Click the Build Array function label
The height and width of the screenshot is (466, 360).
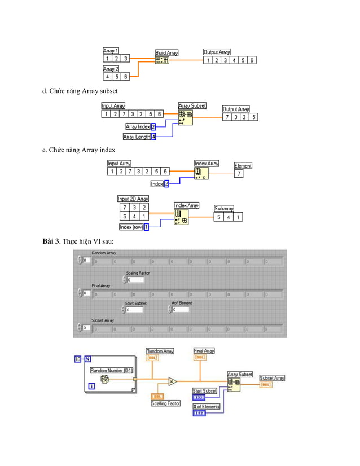(166, 53)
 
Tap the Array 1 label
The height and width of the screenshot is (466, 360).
(111, 50)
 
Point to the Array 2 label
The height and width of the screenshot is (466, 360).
(111, 69)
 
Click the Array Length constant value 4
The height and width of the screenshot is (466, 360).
(153, 137)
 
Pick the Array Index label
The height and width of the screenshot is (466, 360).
(138, 127)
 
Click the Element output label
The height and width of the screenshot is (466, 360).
(243, 166)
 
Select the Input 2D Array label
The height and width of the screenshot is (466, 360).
(133, 199)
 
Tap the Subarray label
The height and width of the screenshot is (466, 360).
(224, 208)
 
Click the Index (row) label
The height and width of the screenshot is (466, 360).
(131, 227)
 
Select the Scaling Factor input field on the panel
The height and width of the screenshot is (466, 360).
(135, 279)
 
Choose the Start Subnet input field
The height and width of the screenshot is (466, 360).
(135, 309)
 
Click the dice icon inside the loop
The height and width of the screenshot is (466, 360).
(105, 381)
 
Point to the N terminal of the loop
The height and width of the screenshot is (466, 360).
(87, 359)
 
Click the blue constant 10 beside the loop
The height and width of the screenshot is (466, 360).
(78, 359)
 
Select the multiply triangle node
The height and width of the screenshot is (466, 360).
(173, 381)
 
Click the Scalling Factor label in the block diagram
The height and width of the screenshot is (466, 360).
(166, 403)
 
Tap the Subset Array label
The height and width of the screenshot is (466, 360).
(272, 378)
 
